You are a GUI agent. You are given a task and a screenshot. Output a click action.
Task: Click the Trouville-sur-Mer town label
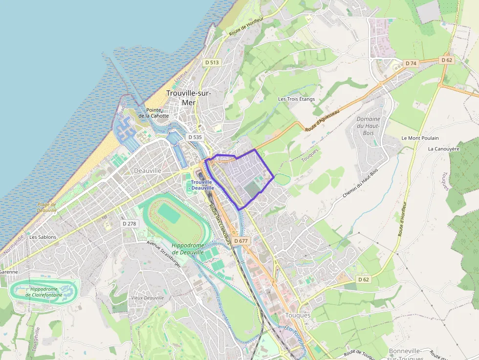(x=188, y=98)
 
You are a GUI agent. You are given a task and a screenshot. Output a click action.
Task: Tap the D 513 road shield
(x=212, y=63)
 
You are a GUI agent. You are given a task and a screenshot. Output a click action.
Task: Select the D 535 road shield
(x=195, y=137)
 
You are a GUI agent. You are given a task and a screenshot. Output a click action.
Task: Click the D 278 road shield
(x=129, y=223)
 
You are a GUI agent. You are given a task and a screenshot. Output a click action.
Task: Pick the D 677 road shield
(x=241, y=241)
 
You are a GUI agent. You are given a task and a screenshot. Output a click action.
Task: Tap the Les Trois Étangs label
(x=296, y=99)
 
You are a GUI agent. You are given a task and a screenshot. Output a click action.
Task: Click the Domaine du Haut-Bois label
(x=368, y=126)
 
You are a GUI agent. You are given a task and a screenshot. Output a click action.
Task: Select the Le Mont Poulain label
(x=420, y=138)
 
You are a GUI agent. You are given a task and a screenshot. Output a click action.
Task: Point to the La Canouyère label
(x=443, y=149)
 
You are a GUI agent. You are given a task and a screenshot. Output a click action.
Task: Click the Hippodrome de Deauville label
(x=188, y=249)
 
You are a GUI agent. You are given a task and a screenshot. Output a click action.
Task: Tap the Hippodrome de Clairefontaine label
(x=44, y=292)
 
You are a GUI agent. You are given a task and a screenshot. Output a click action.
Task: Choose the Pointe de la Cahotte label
(x=153, y=113)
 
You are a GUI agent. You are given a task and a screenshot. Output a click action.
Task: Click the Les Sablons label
(x=43, y=237)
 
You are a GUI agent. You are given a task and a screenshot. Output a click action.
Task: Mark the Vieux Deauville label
(x=147, y=298)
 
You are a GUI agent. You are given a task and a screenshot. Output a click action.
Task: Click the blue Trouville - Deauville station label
(x=202, y=185)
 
